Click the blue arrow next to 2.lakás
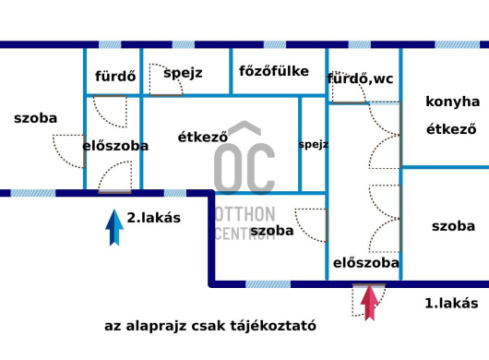click(x=113, y=227)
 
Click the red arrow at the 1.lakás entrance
click(x=369, y=303)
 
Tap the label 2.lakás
click(x=154, y=219)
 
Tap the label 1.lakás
click(x=451, y=303)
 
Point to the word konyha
click(x=452, y=102)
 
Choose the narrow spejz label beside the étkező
click(x=314, y=144)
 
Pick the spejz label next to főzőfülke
click(x=183, y=72)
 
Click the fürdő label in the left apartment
click(x=115, y=77)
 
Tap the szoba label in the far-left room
click(x=36, y=118)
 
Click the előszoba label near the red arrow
click(x=365, y=263)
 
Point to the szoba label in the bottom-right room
click(x=453, y=225)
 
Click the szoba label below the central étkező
click(x=272, y=230)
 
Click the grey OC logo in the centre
click(x=244, y=166)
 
